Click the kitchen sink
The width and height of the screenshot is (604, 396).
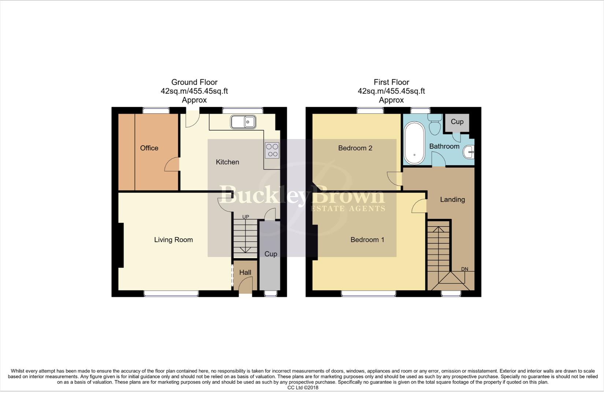pos(243,122)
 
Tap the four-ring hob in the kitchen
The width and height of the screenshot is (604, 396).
pos(272,150)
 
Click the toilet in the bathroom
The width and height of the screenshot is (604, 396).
pos(435,125)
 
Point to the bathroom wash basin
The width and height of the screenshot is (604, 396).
pos(469,152)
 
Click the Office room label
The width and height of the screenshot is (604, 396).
pos(149,148)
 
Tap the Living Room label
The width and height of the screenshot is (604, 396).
pos(173,240)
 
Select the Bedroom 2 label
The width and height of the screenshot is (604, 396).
pos(355,148)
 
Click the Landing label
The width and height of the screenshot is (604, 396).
pos(452,199)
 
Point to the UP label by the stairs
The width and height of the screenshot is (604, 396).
pos(245,217)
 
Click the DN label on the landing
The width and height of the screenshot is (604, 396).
pos(464,269)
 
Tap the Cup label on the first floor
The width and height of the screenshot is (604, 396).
pos(457,122)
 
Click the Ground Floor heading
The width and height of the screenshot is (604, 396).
pos(194,82)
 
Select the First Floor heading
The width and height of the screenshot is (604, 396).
pos(391,82)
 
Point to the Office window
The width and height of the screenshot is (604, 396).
pos(156,110)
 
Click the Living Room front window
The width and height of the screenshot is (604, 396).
pos(171,293)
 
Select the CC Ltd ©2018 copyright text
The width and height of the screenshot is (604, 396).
pos(303,388)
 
